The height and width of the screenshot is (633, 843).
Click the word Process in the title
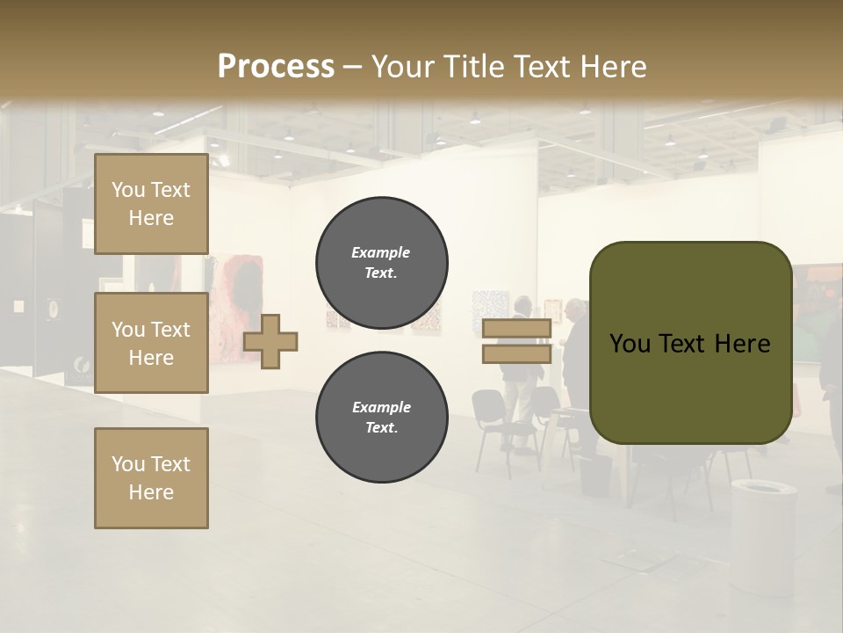coord(276,67)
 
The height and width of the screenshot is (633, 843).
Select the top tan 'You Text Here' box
coord(151,204)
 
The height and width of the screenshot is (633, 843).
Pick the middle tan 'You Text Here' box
coord(151,343)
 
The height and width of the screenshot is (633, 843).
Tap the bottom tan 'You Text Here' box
coord(151,478)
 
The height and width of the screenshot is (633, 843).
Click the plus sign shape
coord(270,341)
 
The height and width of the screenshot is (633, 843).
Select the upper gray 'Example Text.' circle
coord(382,263)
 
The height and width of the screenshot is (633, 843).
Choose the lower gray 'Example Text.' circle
coord(382,418)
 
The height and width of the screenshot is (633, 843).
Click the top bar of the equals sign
coord(516,329)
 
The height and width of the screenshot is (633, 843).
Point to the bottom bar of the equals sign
coord(516,354)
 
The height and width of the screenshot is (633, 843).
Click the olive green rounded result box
coord(690,343)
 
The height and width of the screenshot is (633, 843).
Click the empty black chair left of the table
coord(492,422)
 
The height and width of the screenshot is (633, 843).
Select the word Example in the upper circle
coord(381,253)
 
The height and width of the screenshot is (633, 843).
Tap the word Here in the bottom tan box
coord(151,492)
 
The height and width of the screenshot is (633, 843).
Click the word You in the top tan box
coord(129,190)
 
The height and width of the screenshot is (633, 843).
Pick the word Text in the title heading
coord(542,67)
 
